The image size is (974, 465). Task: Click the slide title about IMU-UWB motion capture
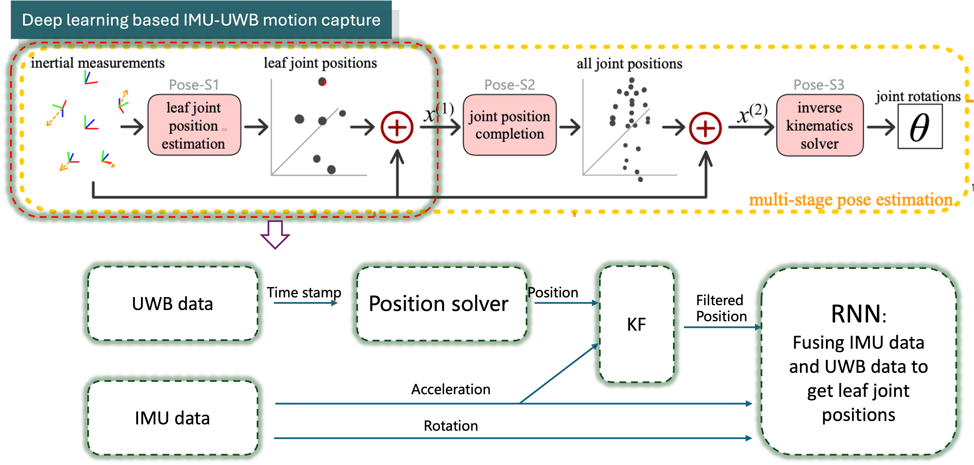[x=201, y=20]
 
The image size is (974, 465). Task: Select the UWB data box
[x=172, y=304]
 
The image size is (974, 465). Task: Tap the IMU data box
[x=172, y=418]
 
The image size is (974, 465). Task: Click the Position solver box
[x=439, y=304]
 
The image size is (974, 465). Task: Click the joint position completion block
[x=509, y=125]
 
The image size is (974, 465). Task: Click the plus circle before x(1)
[x=397, y=128]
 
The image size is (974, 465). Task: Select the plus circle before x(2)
[x=705, y=128]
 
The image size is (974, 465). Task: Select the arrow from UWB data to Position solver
[x=306, y=303]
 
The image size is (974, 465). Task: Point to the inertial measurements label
[x=98, y=63]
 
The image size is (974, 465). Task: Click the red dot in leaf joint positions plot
[x=322, y=82]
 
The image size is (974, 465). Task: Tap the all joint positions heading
[x=629, y=64]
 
